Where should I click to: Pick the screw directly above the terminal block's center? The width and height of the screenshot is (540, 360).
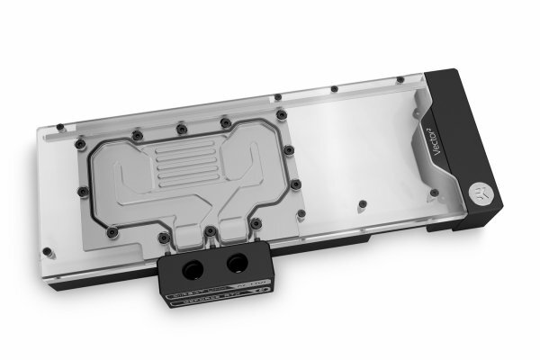(209, 231)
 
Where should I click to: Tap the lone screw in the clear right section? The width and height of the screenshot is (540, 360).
(361, 202)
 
